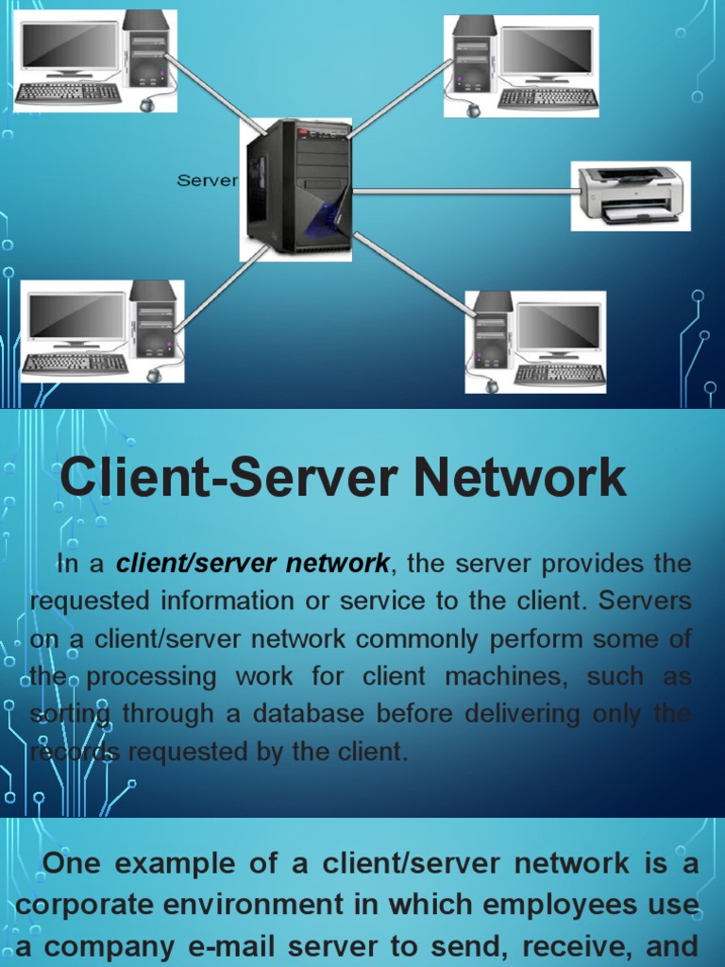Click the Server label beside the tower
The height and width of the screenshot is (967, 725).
click(x=207, y=180)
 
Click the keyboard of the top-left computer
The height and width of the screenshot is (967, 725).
click(x=68, y=93)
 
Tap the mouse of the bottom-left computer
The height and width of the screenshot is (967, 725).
click(x=153, y=375)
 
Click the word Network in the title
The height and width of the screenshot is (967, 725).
click(x=515, y=478)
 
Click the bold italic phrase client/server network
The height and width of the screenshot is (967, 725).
click(x=252, y=564)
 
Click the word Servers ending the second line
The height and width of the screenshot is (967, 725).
click(x=646, y=602)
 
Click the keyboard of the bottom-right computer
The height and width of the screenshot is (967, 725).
click(x=560, y=374)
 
